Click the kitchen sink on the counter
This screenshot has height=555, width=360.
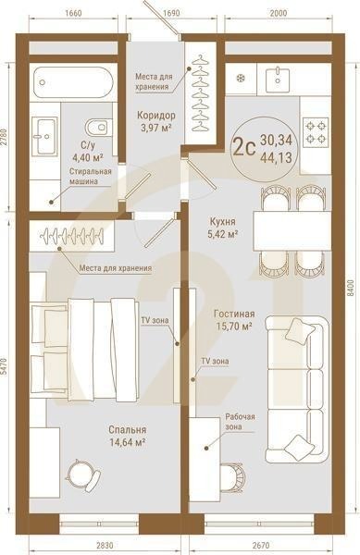click(x=280, y=80)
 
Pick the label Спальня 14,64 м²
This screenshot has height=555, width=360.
click(x=126, y=436)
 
